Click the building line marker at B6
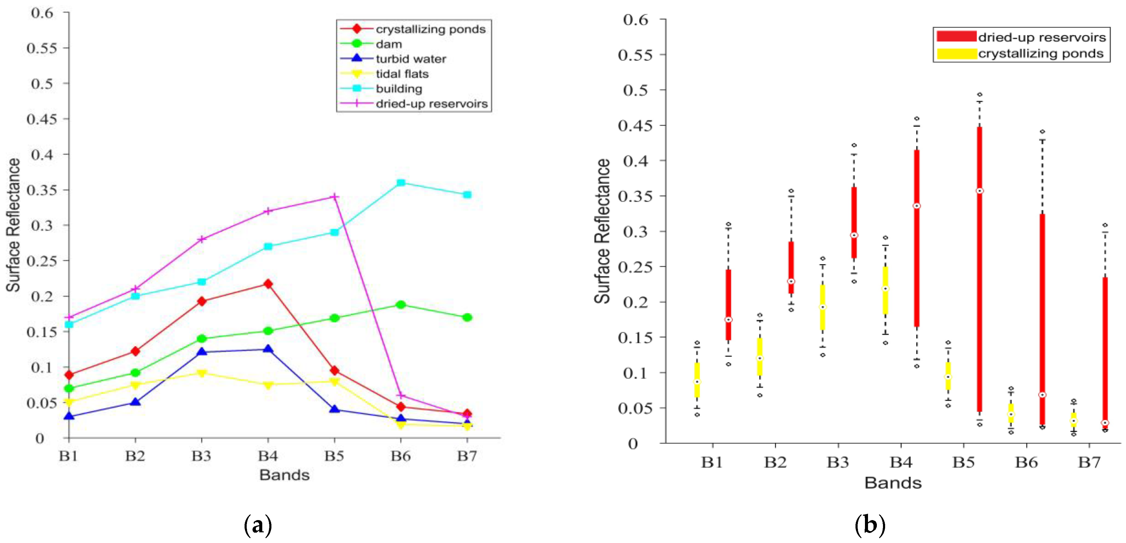401,183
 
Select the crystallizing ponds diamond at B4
268,284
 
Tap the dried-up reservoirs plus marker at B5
334,197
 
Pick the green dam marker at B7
467,317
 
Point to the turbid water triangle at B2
135,401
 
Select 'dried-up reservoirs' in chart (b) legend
1042,38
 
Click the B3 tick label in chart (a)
202,456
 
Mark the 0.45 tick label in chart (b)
635,126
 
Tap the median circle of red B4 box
917,206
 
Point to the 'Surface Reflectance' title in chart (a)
13,225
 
